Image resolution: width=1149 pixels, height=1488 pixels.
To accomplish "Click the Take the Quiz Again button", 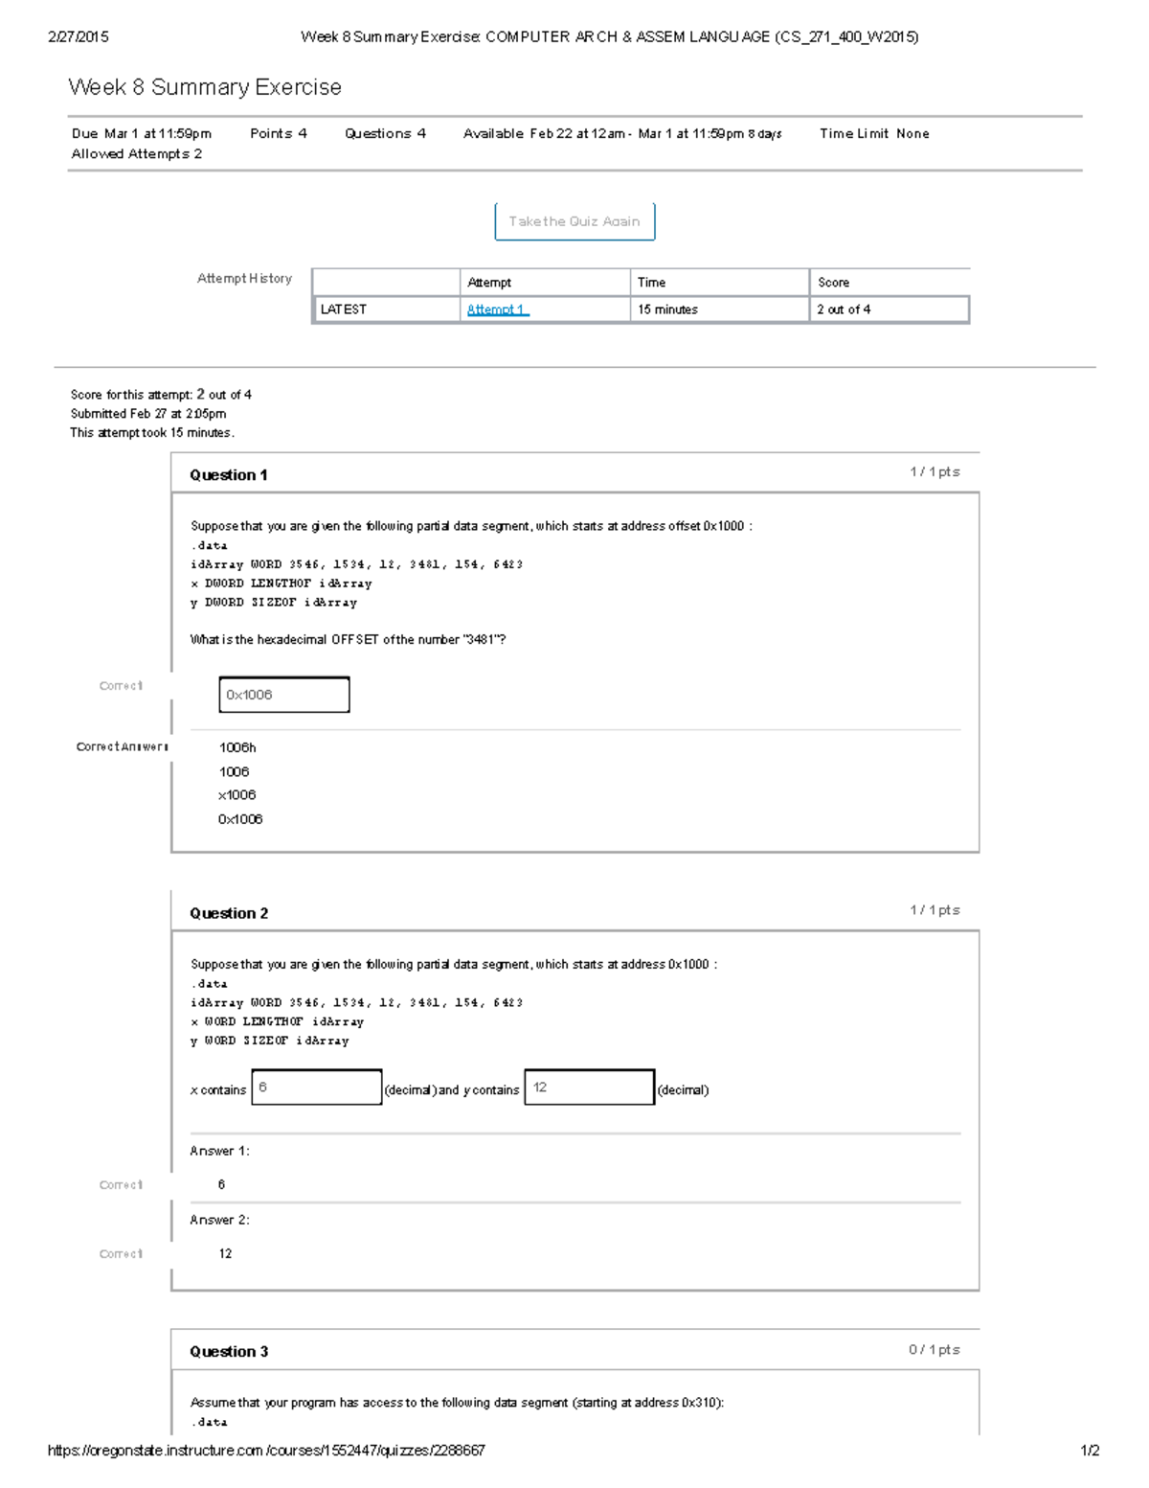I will click(x=574, y=221).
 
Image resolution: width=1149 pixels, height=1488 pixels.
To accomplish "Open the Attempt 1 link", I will click(x=497, y=309).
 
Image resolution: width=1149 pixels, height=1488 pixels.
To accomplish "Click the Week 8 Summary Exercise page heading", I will click(x=205, y=87).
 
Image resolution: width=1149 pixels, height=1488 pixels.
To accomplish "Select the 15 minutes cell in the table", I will click(x=667, y=309).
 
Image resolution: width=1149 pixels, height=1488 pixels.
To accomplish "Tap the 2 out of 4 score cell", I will click(x=844, y=309).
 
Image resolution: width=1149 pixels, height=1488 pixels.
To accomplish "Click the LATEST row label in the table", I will click(x=343, y=309).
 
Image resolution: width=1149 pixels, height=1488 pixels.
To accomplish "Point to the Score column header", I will click(x=833, y=283).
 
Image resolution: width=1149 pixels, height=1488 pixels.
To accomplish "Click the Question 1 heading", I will click(x=228, y=475).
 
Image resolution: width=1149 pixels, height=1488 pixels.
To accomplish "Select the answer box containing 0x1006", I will click(x=284, y=695).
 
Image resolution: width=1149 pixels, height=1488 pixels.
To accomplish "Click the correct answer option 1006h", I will click(x=237, y=747).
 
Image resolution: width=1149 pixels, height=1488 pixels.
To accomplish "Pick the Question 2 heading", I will click(x=228, y=913).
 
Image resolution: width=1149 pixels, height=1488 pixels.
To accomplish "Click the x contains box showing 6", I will click(x=317, y=1087).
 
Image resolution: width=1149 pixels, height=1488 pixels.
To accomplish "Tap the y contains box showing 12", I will click(x=589, y=1087).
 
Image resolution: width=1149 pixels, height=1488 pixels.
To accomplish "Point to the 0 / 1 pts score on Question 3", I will click(x=934, y=1350).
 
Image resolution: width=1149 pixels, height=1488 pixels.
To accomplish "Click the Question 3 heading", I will click(x=228, y=1352).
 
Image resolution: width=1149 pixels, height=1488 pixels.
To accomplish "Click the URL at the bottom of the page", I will click(x=266, y=1451).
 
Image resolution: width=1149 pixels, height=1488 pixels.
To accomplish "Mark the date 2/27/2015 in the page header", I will click(x=79, y=37).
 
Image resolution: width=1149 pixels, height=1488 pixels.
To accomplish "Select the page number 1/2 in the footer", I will click(x=1090, y=1451).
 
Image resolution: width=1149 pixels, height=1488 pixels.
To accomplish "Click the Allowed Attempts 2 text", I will click(x=137, y=154).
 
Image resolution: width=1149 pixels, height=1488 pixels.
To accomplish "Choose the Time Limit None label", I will click(x=874, y=134).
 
